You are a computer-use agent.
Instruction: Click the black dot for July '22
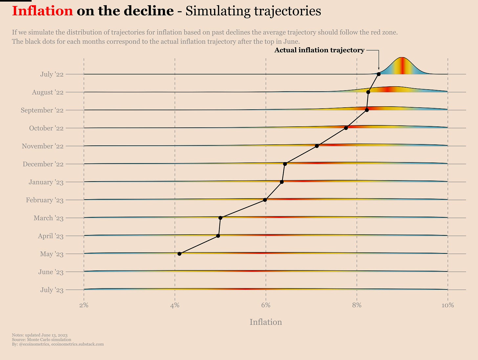pyautogui.click(x=379, y=74)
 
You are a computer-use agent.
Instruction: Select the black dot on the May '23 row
pyautogui.click(x=179, y=254)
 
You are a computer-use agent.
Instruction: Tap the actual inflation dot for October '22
pyautogui.click(x=346, y=128)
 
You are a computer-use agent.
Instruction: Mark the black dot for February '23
pyautogui.click(x=265, y=200)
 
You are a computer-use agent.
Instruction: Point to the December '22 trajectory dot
pyautogui.click(x=285, y=164)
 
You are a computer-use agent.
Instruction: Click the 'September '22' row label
pyautogui.click(x=42, y=110)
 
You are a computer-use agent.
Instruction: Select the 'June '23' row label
pyautogui.click(x=51, y=272)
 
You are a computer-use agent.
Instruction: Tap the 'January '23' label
pyautogui.click(x=46, y=182)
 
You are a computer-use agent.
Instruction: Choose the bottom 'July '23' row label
pyautogui.click(x=52, y=290)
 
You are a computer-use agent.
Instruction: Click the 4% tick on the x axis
pyautogui.click(x=175, y=306)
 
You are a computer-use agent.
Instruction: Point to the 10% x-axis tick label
pyautogui.click(x=447, y=306)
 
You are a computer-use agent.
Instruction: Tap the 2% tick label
pyautogui.click(x=84, y=306)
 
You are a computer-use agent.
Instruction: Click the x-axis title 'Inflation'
pyautogui.click(x=266, y=322)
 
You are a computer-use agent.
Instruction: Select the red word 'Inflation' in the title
pyautogui.click(x=42, y=11)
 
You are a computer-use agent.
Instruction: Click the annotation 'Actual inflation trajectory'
pyautogui.click(x=319, y=50)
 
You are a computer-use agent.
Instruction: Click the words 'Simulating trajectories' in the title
pyautogui.click(x=253, y=11)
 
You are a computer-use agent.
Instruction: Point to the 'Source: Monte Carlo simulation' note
pyautogui.click(x=41, y=340)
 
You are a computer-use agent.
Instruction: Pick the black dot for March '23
pyautogui.click(x=220, y=218)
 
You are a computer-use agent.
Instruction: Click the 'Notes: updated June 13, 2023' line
pyautogui.click(x=39, y=335)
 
